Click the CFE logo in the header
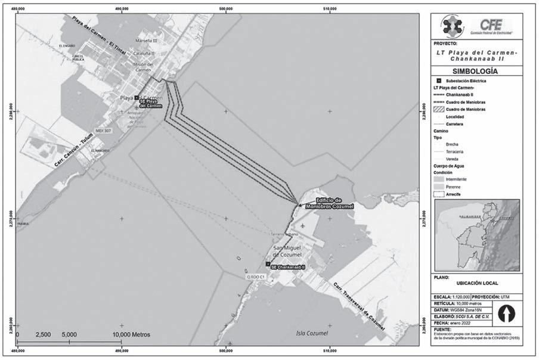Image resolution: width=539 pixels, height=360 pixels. pyautogui.click(x=494, y=25)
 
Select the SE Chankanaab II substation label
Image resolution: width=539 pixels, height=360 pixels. pyautogui.click(x=287, y=268)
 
